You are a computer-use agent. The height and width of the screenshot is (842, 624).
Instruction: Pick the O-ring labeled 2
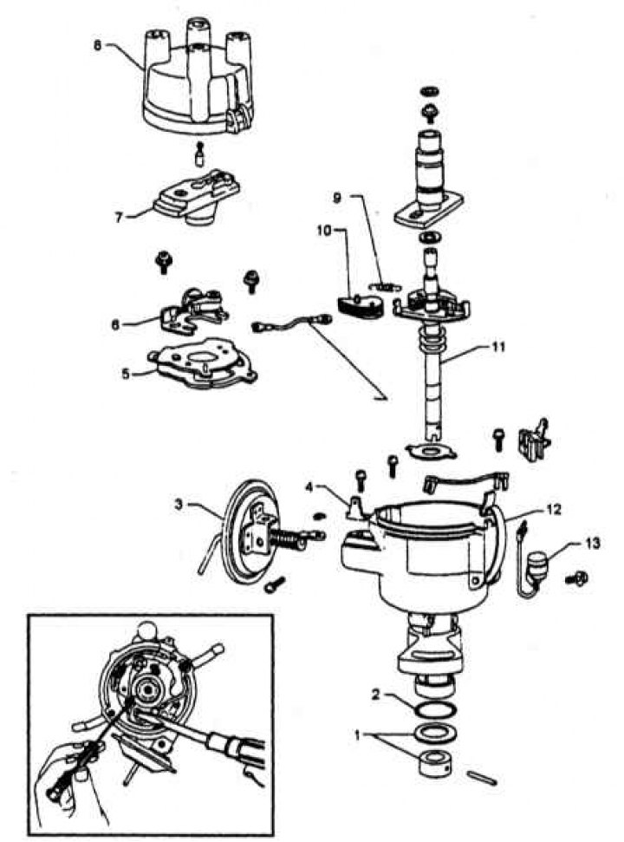pyautogui.click(x=429, y=710)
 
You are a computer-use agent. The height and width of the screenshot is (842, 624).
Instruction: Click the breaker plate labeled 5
pyautogui.click(x=202, y=366)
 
